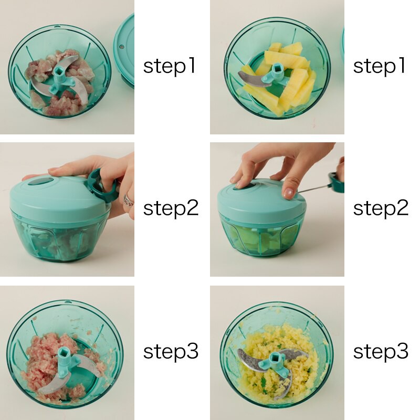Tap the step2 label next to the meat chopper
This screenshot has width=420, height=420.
coord(171,208)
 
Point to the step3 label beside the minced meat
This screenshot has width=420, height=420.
coord(171,351)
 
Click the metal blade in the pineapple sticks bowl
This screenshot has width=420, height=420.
coord(251,79)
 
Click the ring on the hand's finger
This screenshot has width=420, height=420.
coord(128,200)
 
